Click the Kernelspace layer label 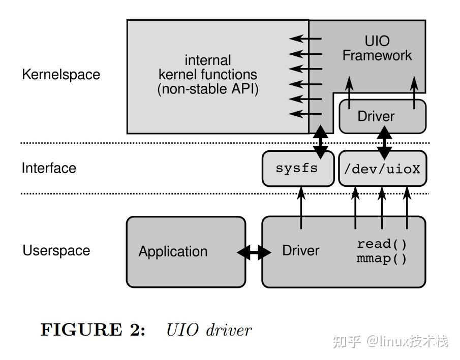[x=61, y=75]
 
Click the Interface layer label [x=49, y=168]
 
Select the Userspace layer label [x=56, y=250]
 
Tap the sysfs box [x=296, y=168]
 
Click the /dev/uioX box [x=382, y=169]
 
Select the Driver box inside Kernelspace [x=376, y=116]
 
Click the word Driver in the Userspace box [x=301, y=250]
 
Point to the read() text [x=382, y=244]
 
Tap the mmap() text [x=382, y=259]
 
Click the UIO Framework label [x=377, y=48]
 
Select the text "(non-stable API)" [x=208, y=89]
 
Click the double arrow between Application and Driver [x=254, y=252]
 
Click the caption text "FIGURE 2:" [x=93, y=330]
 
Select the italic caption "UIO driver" [x=208, y=330]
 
